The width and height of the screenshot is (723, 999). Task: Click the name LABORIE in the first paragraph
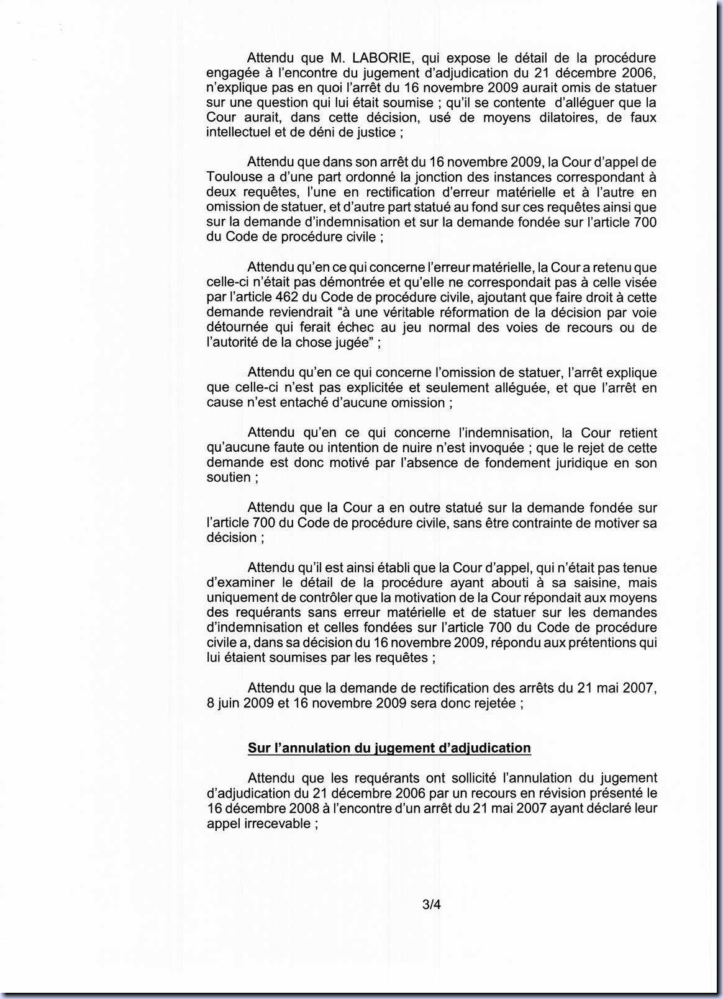coord(381,58)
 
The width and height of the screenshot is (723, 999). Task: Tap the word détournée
coord(237,328)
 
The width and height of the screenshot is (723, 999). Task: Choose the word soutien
coord(228,478)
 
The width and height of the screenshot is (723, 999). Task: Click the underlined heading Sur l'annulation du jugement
coord(389,748)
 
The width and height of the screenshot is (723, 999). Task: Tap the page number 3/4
coord(431,905)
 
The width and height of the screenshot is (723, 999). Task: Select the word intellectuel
coord(239,132)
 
